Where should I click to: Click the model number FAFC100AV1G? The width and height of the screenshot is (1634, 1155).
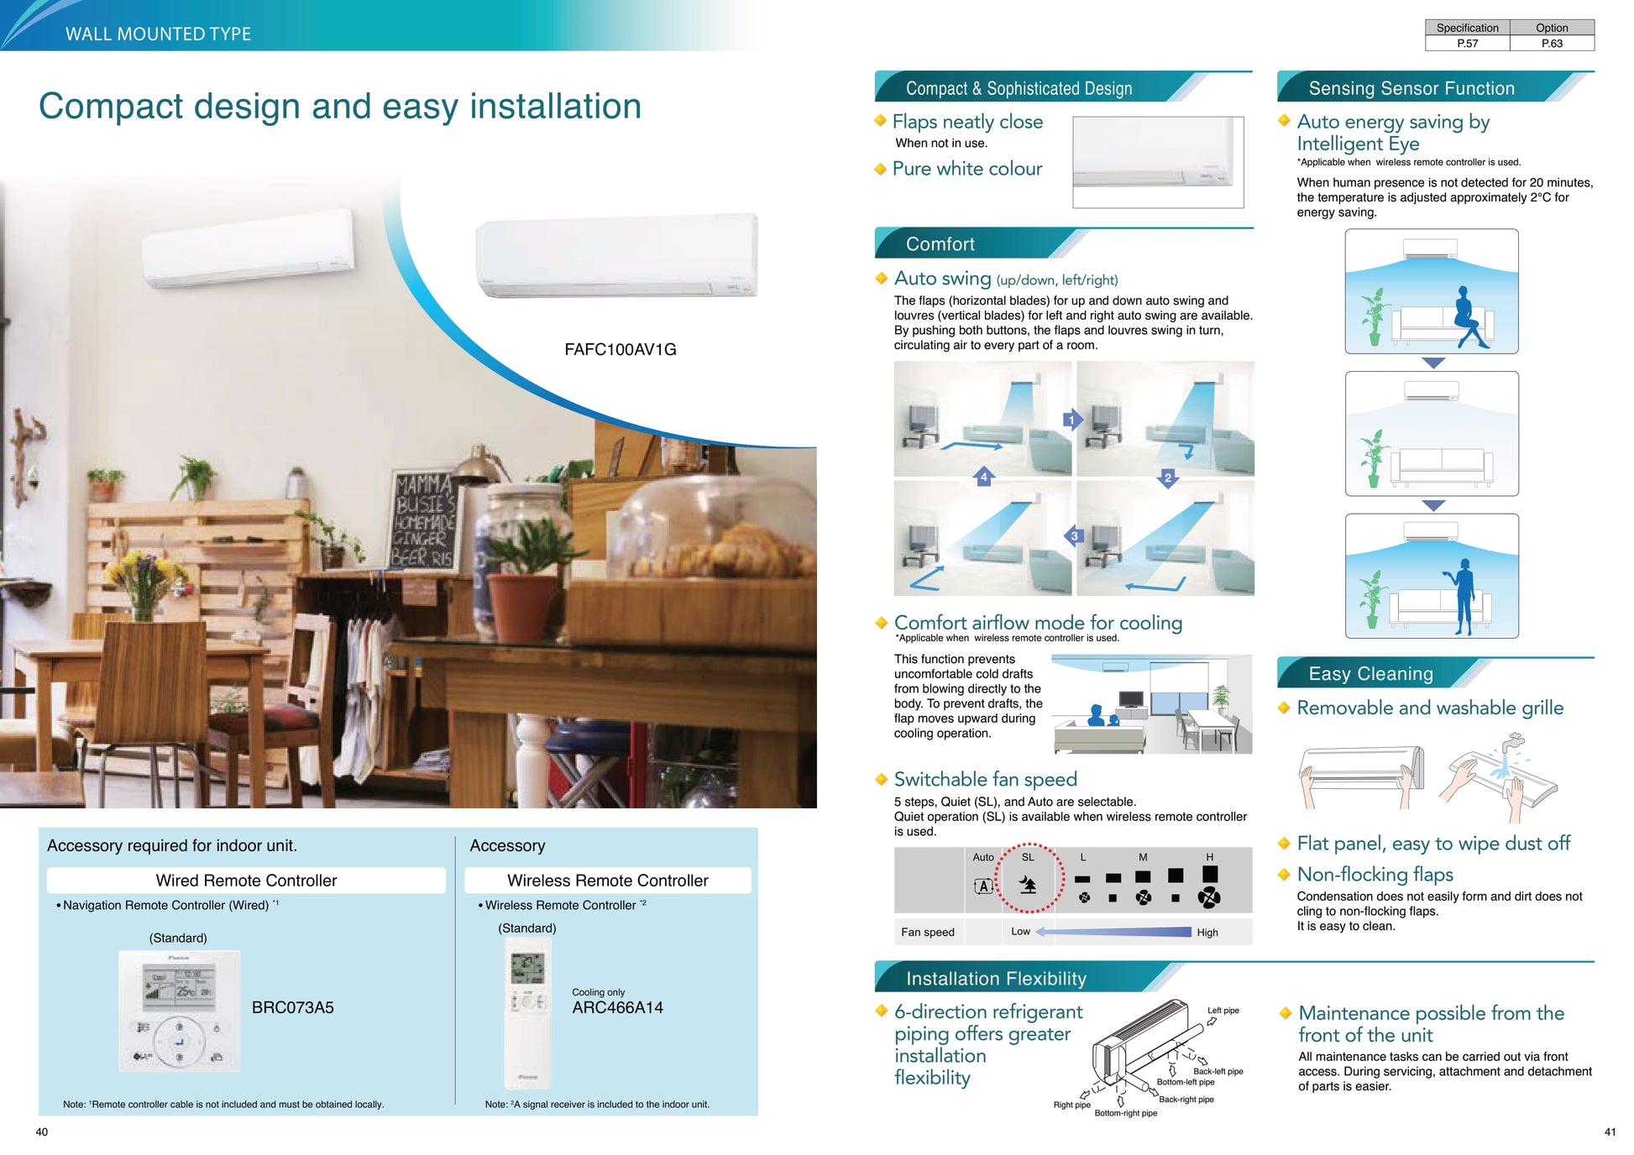click(x=620, y=349)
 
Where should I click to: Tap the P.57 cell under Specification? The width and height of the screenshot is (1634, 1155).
click(x=1467, y=44)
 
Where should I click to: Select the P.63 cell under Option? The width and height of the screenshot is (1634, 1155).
click(x=1552, y=44)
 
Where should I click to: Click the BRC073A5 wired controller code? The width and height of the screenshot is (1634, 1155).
click(x=292, y=1007)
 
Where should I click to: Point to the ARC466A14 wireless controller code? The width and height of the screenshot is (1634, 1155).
click(x=617, y=1007)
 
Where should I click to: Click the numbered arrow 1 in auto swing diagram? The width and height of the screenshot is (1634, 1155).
click(x=1072, y=420)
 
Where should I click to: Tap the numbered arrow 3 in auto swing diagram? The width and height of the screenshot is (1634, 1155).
click(x=1074, y=536)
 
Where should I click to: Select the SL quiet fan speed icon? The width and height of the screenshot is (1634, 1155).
click(x=1028, y=885)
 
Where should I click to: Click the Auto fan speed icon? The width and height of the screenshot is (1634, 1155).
click(x=983, y=886)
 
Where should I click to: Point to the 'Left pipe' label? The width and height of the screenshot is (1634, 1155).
click(x=1223, y=1011)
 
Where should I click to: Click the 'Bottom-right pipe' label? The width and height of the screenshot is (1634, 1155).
click(x=1125, y=1113)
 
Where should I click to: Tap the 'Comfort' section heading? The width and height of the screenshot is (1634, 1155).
click(x=940, y=244)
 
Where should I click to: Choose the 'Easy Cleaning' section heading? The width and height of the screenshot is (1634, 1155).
click(x=1370, y=674)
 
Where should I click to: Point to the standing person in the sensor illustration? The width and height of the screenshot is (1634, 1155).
click(x=1463, y=597)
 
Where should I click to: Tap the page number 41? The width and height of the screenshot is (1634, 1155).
click(x=1610, y=1131)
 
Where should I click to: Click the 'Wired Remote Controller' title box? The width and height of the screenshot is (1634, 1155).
click(x=246, y=881)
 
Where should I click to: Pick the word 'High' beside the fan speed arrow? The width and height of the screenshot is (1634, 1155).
click(x=1207, y=933)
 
